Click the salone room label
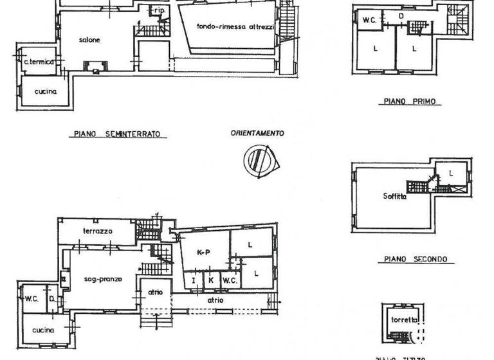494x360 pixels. coord(90,40)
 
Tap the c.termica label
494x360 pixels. coord(38,62)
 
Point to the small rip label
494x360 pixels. coord(158,10)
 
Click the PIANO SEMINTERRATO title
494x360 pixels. coord(117,134)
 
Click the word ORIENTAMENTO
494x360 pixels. coord(257,134)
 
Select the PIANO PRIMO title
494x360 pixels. coord(409,102)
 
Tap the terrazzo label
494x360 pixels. coord(98,230)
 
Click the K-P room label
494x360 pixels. coord(203,253)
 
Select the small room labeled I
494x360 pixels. coord(193,281)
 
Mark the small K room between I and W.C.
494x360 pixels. coord(210,281)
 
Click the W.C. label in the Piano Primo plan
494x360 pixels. coord(369,20)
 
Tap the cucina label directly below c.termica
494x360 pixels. coord(46,91)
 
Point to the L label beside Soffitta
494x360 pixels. coord(451,172)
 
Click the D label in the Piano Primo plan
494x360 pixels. coord(401,15)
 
